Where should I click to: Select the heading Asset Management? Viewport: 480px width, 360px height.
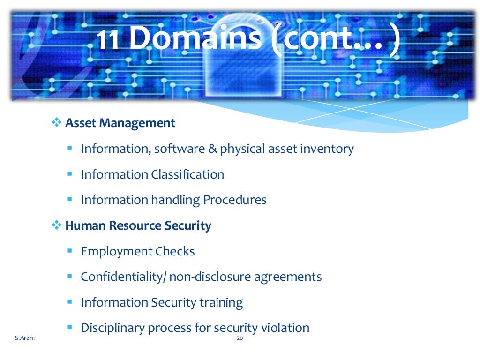(120, 123)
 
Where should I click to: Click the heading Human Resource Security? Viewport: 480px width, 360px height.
(138, 225)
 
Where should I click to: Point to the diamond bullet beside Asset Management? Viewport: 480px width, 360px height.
(56, 123)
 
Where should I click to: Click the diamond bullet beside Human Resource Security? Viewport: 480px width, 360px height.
(56, 225)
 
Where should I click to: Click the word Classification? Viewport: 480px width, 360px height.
(187, 174)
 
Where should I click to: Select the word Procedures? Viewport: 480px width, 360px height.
(235, 200)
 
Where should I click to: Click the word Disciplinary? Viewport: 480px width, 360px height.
(113, 328)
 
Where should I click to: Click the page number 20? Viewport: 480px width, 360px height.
(240, 337)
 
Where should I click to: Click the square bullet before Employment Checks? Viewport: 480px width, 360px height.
(69, 251)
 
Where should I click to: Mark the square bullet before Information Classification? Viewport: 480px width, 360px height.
(69, 174)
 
